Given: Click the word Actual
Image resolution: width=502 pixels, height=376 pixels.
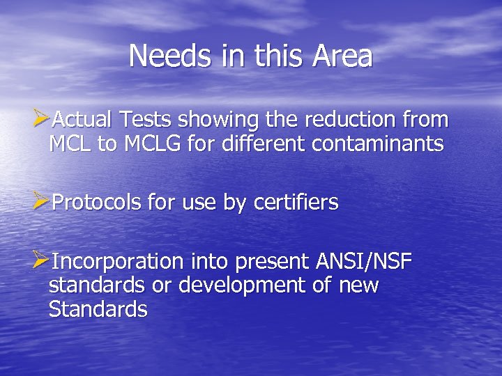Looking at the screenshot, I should [x=82, y=120].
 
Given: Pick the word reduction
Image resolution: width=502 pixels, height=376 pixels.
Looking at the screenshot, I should [x=353, y=120].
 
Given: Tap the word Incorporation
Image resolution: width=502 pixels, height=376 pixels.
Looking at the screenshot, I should [x=117, y=263].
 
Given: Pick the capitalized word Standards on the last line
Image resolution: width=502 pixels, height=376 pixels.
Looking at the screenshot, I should [x=98, y=309].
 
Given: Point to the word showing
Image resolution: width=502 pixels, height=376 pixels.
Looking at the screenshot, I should [x=221, y=120].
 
